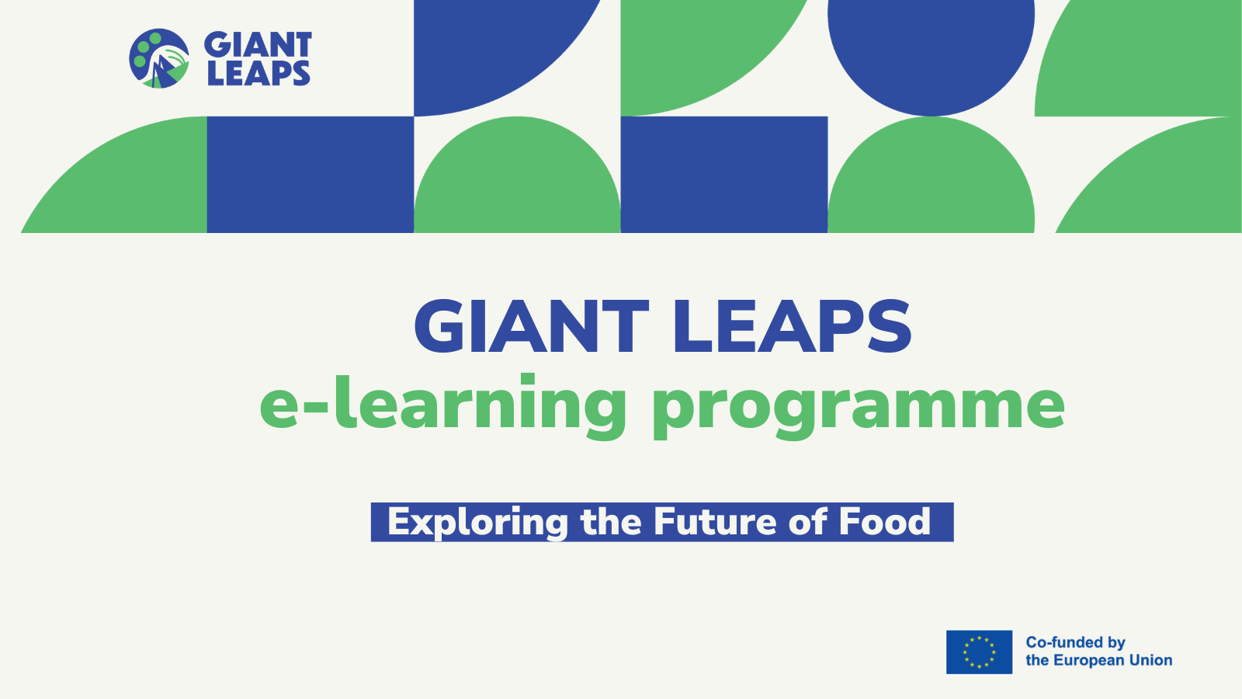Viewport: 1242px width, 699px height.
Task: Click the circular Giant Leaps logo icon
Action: (159, 58)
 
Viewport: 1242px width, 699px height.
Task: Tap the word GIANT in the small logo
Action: (258, 44)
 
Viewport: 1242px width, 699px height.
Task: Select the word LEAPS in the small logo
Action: (259, 73)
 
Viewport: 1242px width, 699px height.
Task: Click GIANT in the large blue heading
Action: (531, 326)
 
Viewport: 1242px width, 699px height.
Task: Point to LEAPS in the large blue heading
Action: (793, 326)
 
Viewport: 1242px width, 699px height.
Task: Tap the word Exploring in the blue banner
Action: (478, 523)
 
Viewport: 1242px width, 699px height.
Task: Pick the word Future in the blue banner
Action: (715, 521)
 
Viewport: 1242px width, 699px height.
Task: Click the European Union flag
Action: (979, 652)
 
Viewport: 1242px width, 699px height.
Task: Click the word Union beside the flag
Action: (1156, 660)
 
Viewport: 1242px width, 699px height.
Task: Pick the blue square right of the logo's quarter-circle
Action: (310, 175)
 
